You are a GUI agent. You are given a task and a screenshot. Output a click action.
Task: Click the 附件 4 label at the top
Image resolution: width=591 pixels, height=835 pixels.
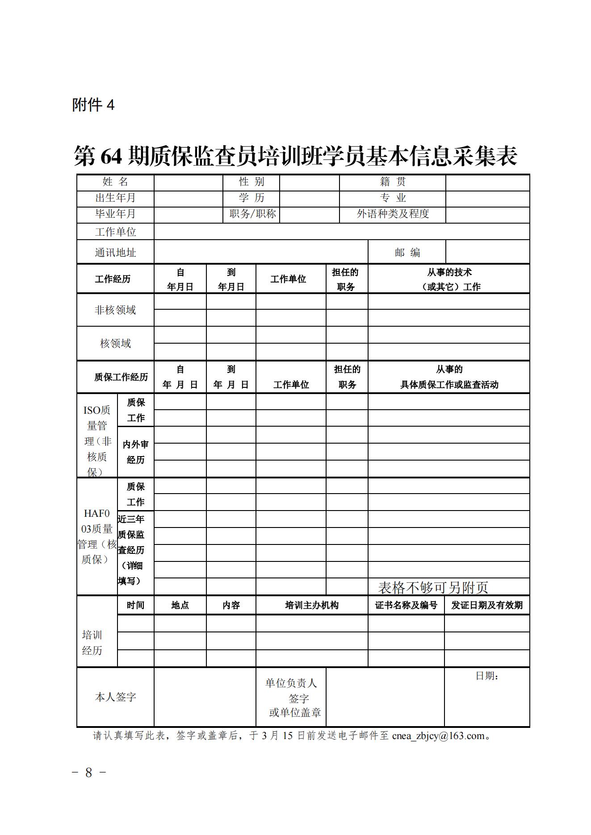pyautogui.click(x=93, y=105)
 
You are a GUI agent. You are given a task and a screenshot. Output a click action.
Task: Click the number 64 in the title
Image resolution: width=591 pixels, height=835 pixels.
pyautogui.click(x=111, y=156)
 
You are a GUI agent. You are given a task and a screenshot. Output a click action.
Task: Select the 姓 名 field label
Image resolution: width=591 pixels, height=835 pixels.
pyautogui.click(x=115, y=182)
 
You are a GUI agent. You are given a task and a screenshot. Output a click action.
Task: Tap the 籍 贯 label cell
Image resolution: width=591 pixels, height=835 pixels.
pyautogui.click(x=392, y=182)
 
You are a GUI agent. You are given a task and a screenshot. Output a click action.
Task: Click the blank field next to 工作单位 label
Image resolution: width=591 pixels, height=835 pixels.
pyautogui.click(x=341, y=232)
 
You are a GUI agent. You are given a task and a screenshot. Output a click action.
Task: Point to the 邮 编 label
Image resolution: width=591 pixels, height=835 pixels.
pyautogui.click(x=407, y=253)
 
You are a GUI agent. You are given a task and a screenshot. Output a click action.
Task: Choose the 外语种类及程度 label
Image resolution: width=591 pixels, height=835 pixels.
pyautogui.click(x=392, y=214)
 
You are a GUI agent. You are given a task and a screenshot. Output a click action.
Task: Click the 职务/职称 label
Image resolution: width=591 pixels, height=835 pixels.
pyautogui.click(x=252, y=214)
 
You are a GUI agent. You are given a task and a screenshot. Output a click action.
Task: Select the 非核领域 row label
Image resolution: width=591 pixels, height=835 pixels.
pyautogui.click(x=115, y=310)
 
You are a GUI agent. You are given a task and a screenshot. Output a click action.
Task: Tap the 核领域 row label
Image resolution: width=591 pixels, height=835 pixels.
pyautogui.click(x=115, y=344)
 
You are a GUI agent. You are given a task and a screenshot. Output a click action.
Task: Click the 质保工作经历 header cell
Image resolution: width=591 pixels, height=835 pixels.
pyautogui.click(x=121, y=377)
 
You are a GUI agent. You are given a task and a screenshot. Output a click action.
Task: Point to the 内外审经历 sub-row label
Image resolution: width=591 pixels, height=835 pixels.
pyautogui.click(x=135, y=452)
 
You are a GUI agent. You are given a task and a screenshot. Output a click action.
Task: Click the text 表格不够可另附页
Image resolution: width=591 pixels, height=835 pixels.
pyautogui.click(x=433, y=587)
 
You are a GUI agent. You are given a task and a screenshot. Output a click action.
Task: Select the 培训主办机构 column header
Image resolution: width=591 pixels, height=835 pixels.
pyautogui.click(x=311, y=605)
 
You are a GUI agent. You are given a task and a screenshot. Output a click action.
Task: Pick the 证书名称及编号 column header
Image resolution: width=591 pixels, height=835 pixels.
pyautogui.click(x=406, y=605)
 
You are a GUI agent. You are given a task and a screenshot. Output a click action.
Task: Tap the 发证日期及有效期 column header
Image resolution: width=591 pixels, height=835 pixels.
pyautogui.click(x=486, y=605)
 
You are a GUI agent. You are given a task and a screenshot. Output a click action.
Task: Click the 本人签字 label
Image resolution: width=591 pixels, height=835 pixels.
pyautogui.click(x=115, y=697)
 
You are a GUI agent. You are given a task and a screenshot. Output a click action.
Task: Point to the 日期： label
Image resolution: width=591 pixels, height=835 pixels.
pyautogui.click(x=486, y=676)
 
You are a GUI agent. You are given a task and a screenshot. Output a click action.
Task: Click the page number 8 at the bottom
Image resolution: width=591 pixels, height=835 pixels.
pyautogui.click(x=88, y=773)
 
